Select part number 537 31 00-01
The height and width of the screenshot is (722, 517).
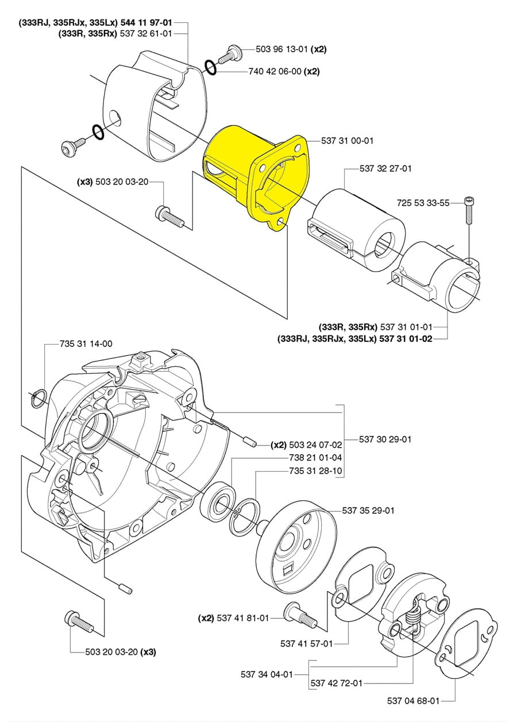coord(347,141)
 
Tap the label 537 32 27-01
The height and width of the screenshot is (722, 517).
coord(385,168)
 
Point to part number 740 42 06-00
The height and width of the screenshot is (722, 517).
coord(275,71)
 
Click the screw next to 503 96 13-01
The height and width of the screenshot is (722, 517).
coord(230,55)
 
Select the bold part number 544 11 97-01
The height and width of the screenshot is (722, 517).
coord(146,23)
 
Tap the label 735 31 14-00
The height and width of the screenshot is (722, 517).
coord(86,344)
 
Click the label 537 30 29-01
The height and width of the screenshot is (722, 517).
coord(385,439)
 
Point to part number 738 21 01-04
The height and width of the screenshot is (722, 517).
coord(315,458)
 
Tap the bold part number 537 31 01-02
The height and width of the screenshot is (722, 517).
coord(406,339)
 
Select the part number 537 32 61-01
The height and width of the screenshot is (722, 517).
coord(146,33)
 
